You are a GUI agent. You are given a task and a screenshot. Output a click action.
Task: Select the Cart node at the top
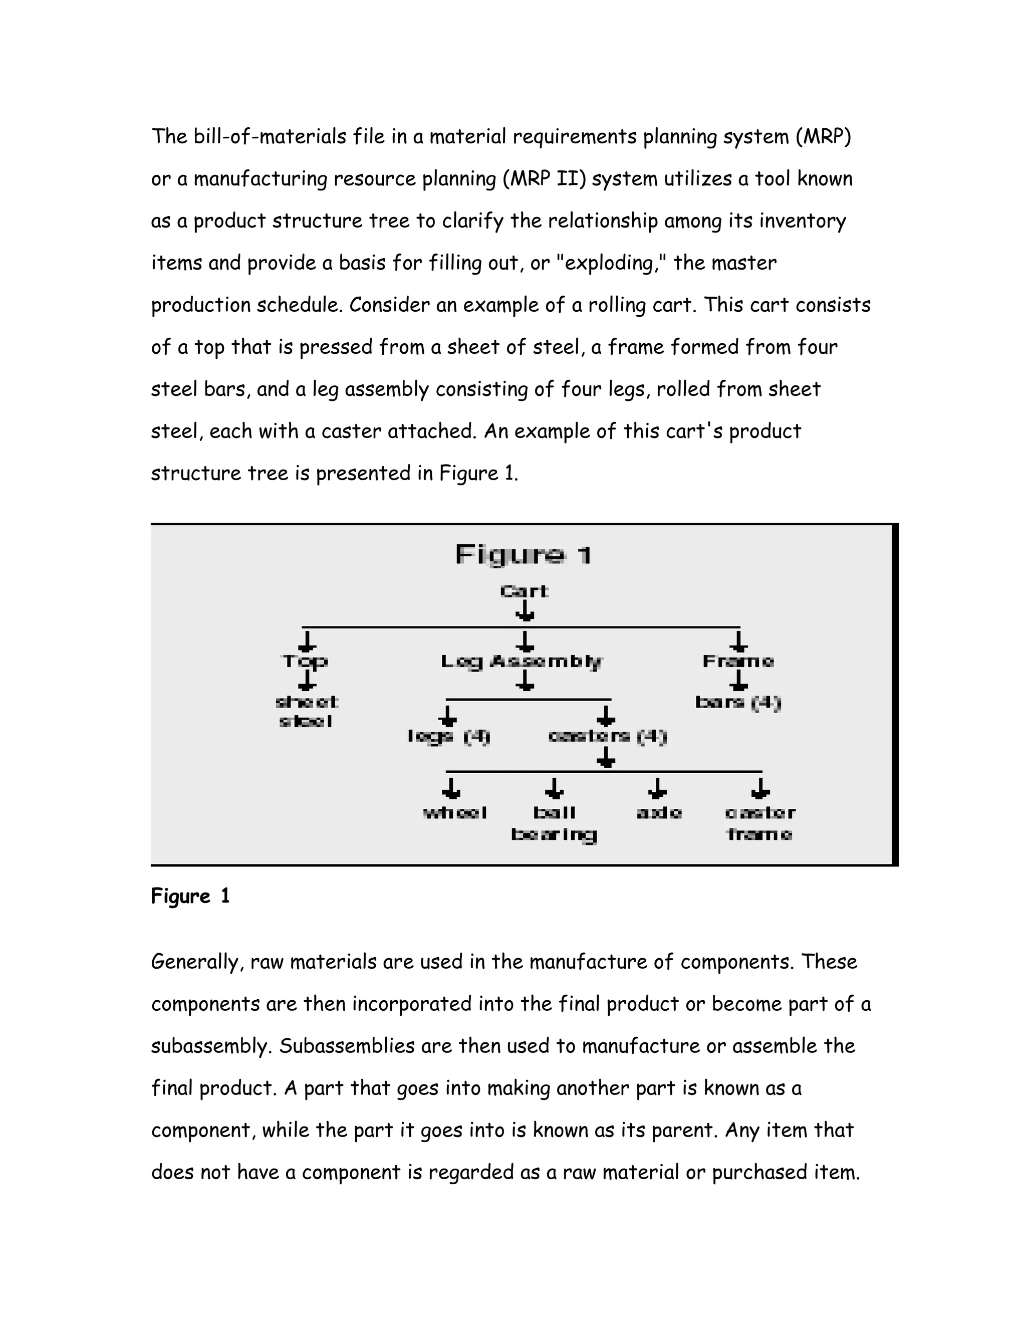(x=524, y=591)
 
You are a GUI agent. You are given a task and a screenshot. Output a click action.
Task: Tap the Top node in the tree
(x=305, y=661)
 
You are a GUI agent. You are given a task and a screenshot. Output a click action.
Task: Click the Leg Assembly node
(x=522, y=661)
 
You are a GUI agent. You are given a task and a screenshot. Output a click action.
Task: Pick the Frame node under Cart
(x=738, y=661)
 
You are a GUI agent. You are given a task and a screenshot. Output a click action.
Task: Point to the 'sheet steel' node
(x=306, y=712)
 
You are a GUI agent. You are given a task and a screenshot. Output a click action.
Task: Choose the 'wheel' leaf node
(x=455, y=813)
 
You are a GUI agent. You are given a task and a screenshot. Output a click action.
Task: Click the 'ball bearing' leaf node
(x=554, y=823)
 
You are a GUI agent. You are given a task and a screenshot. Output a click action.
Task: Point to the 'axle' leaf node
(x=659, y=813)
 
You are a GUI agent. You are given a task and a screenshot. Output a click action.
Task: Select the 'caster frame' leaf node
(x=760, y=823)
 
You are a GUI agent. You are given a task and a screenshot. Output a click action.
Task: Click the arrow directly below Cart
(x=525, y=611)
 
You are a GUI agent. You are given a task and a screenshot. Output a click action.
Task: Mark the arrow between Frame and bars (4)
(x=738, y=681)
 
